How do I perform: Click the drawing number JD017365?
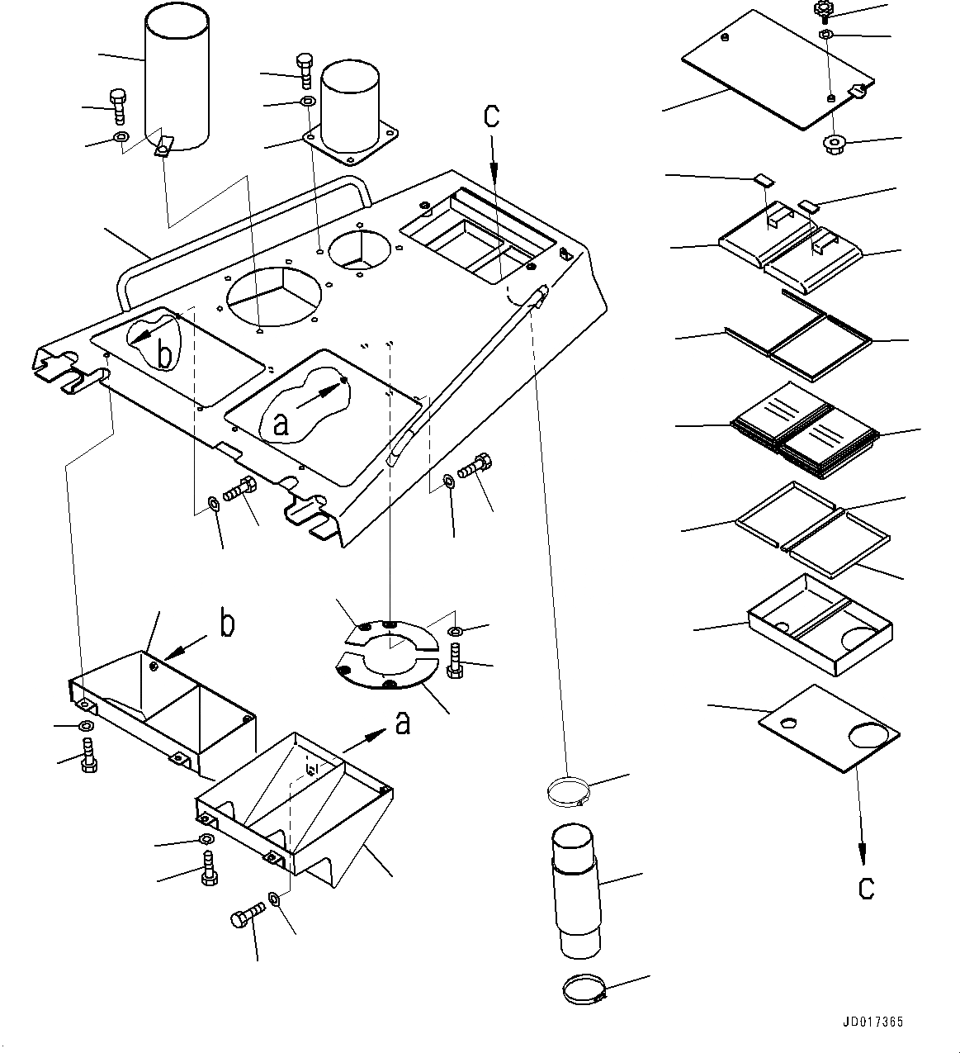point(873,1022)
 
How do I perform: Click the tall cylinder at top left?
point(177,78)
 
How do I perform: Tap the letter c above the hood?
point(492,116)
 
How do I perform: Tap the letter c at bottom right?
point(865,888)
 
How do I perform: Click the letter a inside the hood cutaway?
point(281,424)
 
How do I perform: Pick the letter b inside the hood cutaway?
point(164,355)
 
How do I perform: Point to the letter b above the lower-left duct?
point(226,624)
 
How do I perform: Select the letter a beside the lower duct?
point(402,723)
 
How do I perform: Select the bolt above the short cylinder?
point(304,69)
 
